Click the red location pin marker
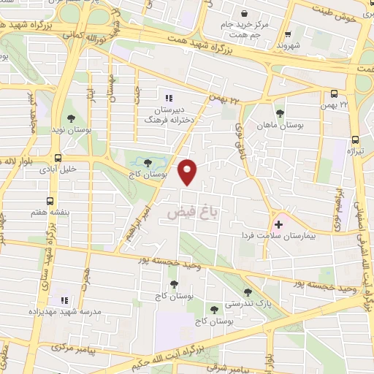pos(189,172)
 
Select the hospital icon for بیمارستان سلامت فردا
pos(278,224)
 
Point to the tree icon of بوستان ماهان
pos(280,112)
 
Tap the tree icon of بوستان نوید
pos(71,118)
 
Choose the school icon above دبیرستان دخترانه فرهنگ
pos(169,98)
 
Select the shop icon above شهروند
pos(287,33)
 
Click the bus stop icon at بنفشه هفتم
pos(50,201)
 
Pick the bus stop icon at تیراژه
pos(355,140)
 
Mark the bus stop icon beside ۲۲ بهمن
pos(334,93)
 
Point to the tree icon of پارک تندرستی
pos(247,291)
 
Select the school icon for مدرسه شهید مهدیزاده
pos(64,300)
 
